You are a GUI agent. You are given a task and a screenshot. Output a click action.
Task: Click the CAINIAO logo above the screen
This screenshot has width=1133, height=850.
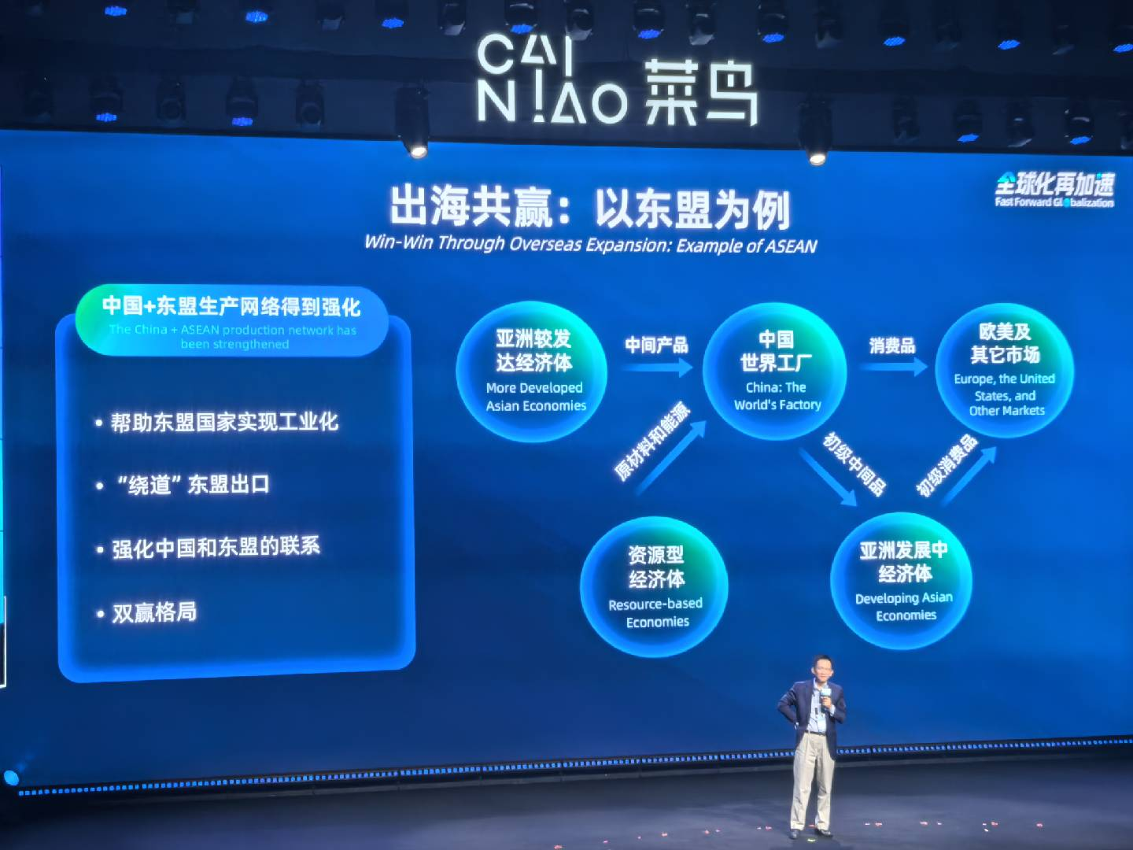pos(617,80)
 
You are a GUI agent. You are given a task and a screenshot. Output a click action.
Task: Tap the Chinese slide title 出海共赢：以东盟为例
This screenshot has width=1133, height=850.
pos(590,208)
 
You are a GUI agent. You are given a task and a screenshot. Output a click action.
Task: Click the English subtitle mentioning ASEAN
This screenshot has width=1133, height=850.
pos(591,244)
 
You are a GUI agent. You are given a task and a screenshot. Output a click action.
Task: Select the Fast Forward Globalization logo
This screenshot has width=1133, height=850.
pos(1054,190)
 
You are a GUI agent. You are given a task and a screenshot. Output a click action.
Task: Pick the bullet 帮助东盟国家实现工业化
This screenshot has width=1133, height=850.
pos(217,422)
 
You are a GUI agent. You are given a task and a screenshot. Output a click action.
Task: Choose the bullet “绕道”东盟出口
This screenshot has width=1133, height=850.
pos(183,485)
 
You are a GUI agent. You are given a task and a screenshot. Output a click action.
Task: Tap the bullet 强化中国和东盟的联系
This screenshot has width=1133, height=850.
pos(208,548)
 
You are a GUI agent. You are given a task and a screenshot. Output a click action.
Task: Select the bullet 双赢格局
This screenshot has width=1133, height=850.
pos(146,612)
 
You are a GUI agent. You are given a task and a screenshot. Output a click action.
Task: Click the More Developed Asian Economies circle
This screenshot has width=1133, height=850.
pos(532,371)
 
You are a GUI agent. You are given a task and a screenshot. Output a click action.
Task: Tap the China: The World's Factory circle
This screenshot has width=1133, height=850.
pos(775,371)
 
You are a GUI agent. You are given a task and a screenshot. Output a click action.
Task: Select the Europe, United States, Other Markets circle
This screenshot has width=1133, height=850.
pos(1005,371)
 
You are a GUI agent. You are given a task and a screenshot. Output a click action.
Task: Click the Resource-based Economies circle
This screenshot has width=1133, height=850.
pos(654,587)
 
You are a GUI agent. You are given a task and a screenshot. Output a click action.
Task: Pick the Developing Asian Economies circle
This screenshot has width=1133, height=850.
pos(901,581)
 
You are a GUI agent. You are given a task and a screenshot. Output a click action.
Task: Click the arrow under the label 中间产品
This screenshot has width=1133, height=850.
pos(656,368)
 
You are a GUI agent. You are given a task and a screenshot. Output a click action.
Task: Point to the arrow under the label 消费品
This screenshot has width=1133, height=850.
pos(894,367)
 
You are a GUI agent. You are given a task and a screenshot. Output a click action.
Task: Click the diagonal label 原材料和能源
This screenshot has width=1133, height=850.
pos(652,441)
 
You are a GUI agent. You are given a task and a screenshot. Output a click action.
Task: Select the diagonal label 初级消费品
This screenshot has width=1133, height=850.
pos(947,465)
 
